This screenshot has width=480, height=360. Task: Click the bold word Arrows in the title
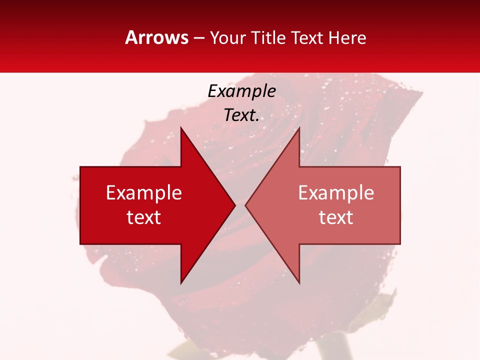tap(156, 37)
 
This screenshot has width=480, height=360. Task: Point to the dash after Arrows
tap(198, 38)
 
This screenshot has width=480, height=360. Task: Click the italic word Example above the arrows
tap(241, 91)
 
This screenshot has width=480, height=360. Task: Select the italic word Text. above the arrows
tap(241, 115)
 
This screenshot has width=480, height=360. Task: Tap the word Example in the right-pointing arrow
tap(144, 193)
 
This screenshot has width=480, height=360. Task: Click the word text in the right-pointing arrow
tap(144, 217)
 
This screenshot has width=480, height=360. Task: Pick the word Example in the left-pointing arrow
tap(336, 193)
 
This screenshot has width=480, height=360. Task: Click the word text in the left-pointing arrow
tap(336, 217)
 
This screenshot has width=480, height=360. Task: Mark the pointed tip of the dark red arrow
tap(235, 205)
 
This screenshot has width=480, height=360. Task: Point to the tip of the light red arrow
tap(245, 205)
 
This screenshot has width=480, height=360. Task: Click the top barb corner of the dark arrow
tap(181, 128)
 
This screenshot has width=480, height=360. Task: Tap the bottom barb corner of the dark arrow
tap(181, 283)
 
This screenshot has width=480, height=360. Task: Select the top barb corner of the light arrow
tap(299, 128)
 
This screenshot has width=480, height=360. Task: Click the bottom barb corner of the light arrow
tap(299, 283)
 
